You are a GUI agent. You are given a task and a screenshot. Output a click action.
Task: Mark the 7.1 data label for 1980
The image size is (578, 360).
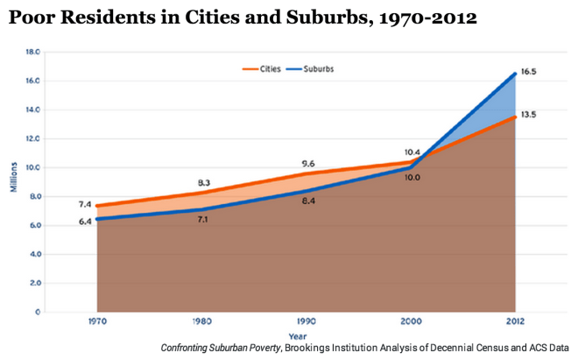[203, 218]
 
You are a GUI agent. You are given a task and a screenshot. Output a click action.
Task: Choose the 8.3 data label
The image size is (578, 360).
[202, 182]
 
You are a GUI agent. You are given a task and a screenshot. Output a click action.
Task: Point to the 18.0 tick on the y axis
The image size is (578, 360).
[33, 52]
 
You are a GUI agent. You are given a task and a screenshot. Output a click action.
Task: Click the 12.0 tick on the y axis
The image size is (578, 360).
[33, 138]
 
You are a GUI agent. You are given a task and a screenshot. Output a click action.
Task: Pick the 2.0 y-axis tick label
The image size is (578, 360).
[35, 283]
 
